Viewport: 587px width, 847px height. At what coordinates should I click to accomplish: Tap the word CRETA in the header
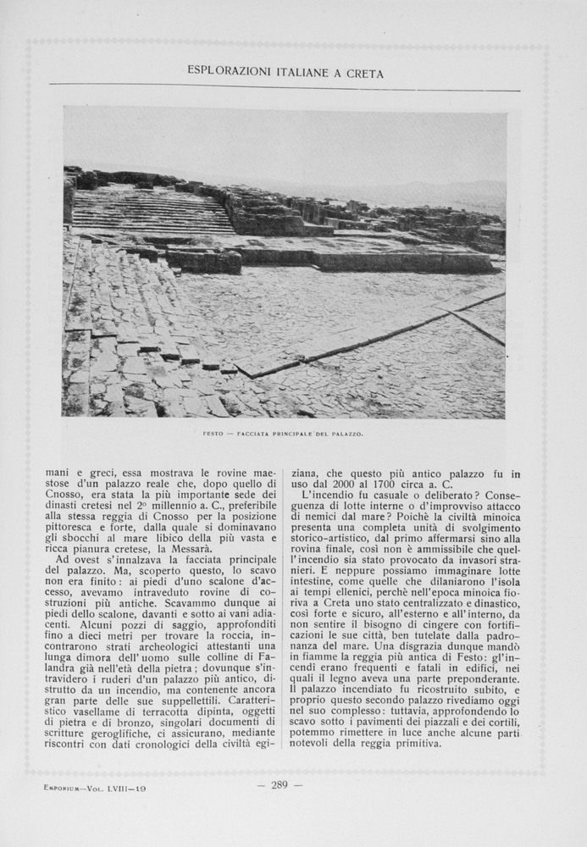click(365, 74)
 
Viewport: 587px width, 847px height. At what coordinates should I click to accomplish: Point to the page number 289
click(280, 785)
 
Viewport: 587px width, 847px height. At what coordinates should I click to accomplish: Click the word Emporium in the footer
click(64, 788)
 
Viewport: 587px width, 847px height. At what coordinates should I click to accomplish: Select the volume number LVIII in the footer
click(118, 788)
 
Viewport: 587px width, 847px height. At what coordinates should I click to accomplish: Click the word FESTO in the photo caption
click(213, 434)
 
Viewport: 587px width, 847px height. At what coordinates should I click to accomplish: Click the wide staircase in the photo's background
click(152, 212)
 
